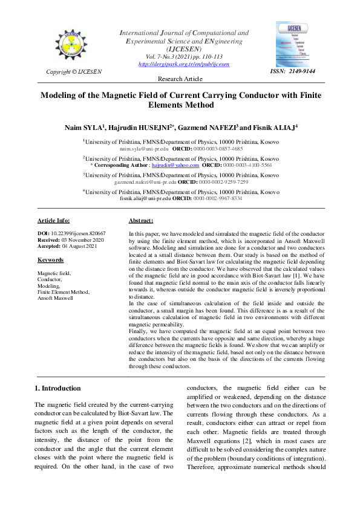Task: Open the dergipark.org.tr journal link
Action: point(184,63)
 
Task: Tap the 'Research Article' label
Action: point(180,80)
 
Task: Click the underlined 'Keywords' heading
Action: point(50,260)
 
